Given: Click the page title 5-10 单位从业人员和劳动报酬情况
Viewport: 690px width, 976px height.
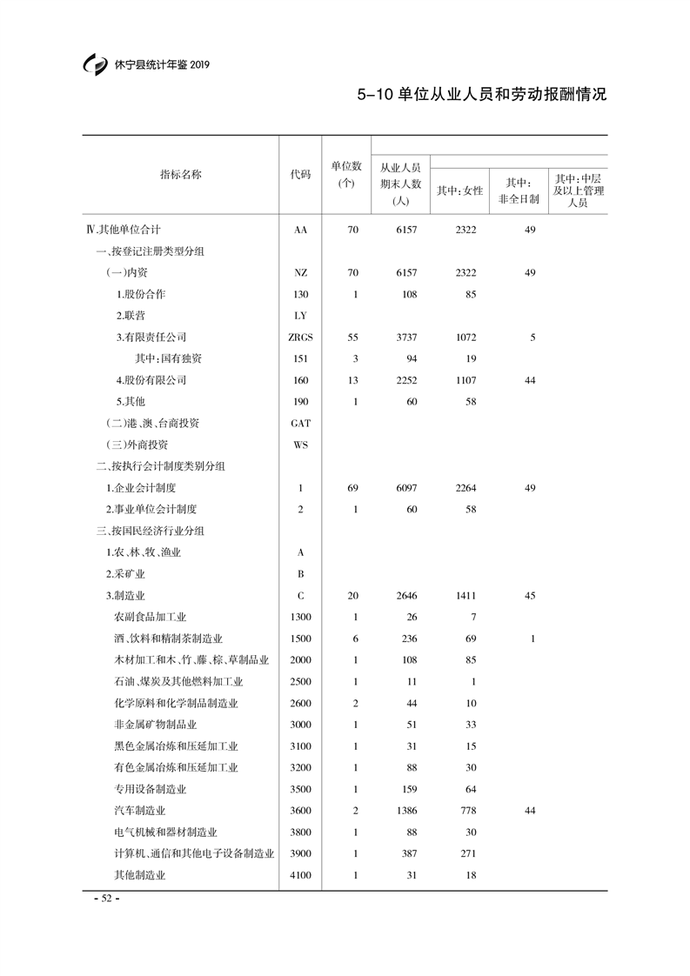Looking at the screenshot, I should (x=481, y=94).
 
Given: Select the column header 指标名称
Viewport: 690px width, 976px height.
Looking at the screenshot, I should (x=180, y=174).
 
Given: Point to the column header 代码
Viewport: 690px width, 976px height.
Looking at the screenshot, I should (x=300, y=174).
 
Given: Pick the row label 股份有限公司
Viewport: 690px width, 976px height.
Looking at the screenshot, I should (x=151, y=380).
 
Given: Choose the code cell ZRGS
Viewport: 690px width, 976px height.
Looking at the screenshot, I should (x=300, y=338).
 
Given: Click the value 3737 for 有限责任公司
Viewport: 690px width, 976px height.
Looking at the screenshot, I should (x=406, y=338).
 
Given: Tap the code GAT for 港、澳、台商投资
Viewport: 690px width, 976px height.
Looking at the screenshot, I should (x=300, y=424).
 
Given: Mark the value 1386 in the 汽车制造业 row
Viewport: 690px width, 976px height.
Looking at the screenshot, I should (x=406, y=811).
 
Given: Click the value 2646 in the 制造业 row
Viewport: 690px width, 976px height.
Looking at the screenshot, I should (x=406, y=596).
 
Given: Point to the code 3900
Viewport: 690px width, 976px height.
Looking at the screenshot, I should (x=300, y=854).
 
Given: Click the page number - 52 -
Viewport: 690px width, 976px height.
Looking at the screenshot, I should (x=105, y=899).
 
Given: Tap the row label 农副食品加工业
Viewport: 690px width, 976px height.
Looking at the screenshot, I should (x=151, y=617).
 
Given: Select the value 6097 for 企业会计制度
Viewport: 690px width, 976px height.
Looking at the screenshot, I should (x=406, y=488).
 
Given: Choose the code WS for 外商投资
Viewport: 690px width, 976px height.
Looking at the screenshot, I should (x=300, y=445).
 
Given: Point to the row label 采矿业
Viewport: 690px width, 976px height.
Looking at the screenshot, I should (x=124, y=574).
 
